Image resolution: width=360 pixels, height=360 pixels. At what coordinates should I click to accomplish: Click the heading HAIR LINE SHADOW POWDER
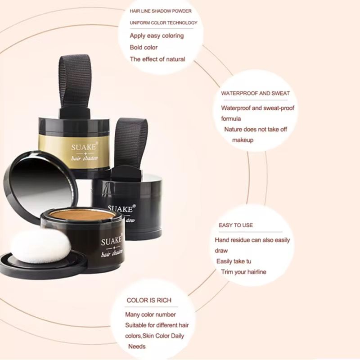[x=161, y=11]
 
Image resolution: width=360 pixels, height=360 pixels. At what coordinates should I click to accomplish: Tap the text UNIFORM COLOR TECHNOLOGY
[x=163, y=23]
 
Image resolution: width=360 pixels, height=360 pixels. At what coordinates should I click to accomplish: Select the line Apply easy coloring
[x=157, y=36]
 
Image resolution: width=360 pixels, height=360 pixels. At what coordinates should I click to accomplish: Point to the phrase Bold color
[x=144, y=47]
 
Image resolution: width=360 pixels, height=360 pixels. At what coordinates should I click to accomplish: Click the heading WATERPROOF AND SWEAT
[x=255, y=94]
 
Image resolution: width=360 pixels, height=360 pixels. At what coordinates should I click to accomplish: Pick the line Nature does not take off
[x=256, y=129]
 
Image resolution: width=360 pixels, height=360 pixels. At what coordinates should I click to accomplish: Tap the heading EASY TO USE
[x=236, y=225]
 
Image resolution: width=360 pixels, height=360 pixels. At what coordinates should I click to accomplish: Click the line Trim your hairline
[x=243, y=272]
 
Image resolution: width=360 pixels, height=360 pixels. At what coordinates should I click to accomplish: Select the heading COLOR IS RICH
[x=149, y=300]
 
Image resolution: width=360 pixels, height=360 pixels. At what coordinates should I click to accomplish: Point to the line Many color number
[x=150, y=315]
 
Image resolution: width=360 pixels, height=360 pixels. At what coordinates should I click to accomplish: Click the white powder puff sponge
[x=41, y=246]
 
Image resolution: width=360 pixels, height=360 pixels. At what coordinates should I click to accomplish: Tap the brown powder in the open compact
[x=82, y=215]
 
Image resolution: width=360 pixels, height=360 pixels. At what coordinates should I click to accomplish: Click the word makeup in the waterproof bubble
[x=243, y=140]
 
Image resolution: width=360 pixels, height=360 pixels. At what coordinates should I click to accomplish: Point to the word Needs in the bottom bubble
[x=137, y=346]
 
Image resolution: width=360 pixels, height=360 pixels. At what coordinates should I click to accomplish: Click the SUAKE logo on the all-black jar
[x=121, y=209]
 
